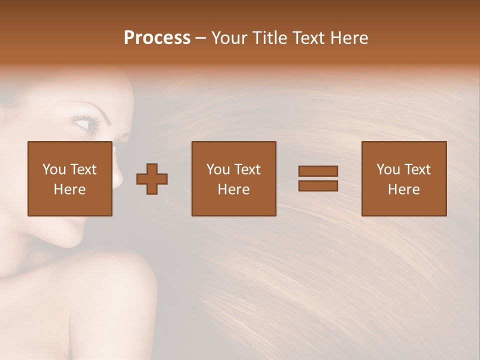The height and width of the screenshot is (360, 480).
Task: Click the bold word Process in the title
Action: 157,38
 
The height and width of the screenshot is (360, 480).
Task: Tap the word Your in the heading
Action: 230,38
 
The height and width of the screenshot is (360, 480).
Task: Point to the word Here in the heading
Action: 349,38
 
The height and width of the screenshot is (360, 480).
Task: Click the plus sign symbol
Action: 152,178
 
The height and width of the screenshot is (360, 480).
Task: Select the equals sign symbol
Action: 318,178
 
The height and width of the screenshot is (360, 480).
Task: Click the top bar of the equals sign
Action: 318,171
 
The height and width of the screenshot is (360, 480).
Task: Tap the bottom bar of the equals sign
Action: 318,185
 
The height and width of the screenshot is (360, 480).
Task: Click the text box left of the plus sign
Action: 70,178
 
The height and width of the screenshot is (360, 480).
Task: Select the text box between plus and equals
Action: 234,178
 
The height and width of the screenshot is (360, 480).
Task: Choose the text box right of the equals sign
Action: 404,178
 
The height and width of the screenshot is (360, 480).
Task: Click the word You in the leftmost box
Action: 53,169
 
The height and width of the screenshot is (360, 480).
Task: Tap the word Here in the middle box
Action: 234,189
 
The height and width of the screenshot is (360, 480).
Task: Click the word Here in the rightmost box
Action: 404,189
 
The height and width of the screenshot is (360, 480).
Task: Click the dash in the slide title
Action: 200,38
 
